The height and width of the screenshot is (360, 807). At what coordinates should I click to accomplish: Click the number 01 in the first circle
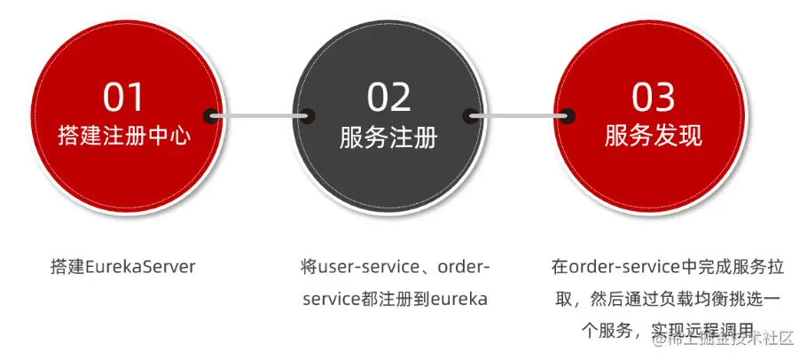pyautogui.click(x=124, y=97)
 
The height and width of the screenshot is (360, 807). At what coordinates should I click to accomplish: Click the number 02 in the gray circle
pyautogui.click(x=388, y=97)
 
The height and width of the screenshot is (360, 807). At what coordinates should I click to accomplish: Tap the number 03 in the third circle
pyautogui.click(x=654, y=97)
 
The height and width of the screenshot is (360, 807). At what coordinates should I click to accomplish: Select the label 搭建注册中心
pyautogui.click(x=124, y=137)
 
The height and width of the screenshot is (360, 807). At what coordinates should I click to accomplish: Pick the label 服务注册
pyautogui.click(x=388, y=137)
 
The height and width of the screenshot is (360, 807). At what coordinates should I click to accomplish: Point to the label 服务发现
pyautogui.click(x=654, y=136)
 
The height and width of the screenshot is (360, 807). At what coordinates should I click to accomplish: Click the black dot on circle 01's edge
pyautogui.click(x=211, y=115)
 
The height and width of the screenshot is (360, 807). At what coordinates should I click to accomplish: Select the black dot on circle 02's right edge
pyautogui.click(x=470, y=115)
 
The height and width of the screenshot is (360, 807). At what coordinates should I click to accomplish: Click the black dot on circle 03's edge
pyautogui.click(x=568, y=115)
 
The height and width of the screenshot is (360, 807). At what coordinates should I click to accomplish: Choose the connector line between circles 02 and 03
pyautogui.click(x=520, y=115)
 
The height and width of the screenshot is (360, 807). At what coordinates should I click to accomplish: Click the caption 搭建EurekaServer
pyautogui.click(x=123, y=266)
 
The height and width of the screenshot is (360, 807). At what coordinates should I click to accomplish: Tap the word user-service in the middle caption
pyautogui.click(x=363, y=266)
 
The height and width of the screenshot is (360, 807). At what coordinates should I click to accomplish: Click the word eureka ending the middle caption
pyautogui.click(x=459, y=298)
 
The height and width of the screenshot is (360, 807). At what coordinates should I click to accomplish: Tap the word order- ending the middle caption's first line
pyautogui.click(x=465, y=266)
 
